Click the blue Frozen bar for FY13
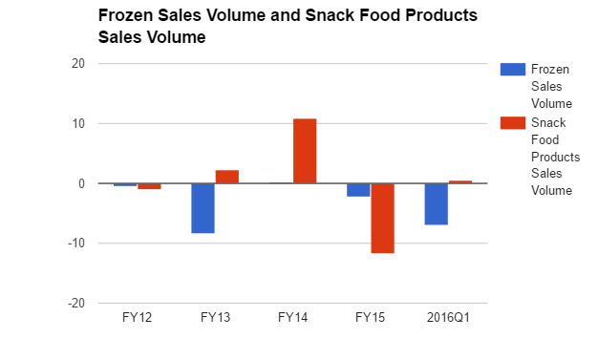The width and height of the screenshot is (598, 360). (203, 208)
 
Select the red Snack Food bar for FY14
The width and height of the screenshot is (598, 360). (305, 151)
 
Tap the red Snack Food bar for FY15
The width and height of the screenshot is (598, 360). (383, 218)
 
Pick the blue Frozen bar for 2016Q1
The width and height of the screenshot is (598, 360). (437, 203)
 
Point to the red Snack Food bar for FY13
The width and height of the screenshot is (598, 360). (227, 177)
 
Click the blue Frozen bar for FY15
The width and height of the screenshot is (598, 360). (358, 190)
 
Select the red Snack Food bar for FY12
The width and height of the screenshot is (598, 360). (149, 186)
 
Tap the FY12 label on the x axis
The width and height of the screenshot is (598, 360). (137, 316)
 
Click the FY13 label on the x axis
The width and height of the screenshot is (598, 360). (215, 316)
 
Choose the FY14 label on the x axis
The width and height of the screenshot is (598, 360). (292, 316)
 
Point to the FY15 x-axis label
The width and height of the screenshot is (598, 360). (371, 316)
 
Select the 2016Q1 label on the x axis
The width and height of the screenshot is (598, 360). (448, 316)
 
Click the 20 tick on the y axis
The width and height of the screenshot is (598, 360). (77, 64)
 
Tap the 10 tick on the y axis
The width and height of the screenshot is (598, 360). (77, 124)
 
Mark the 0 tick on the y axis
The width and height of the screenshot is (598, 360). (81, 183)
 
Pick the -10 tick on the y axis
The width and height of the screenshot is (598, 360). (75, 244)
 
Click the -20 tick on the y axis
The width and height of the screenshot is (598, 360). (75, 303)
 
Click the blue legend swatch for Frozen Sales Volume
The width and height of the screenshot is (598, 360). (512, 69)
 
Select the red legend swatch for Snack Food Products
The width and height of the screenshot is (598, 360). (512, 122)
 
